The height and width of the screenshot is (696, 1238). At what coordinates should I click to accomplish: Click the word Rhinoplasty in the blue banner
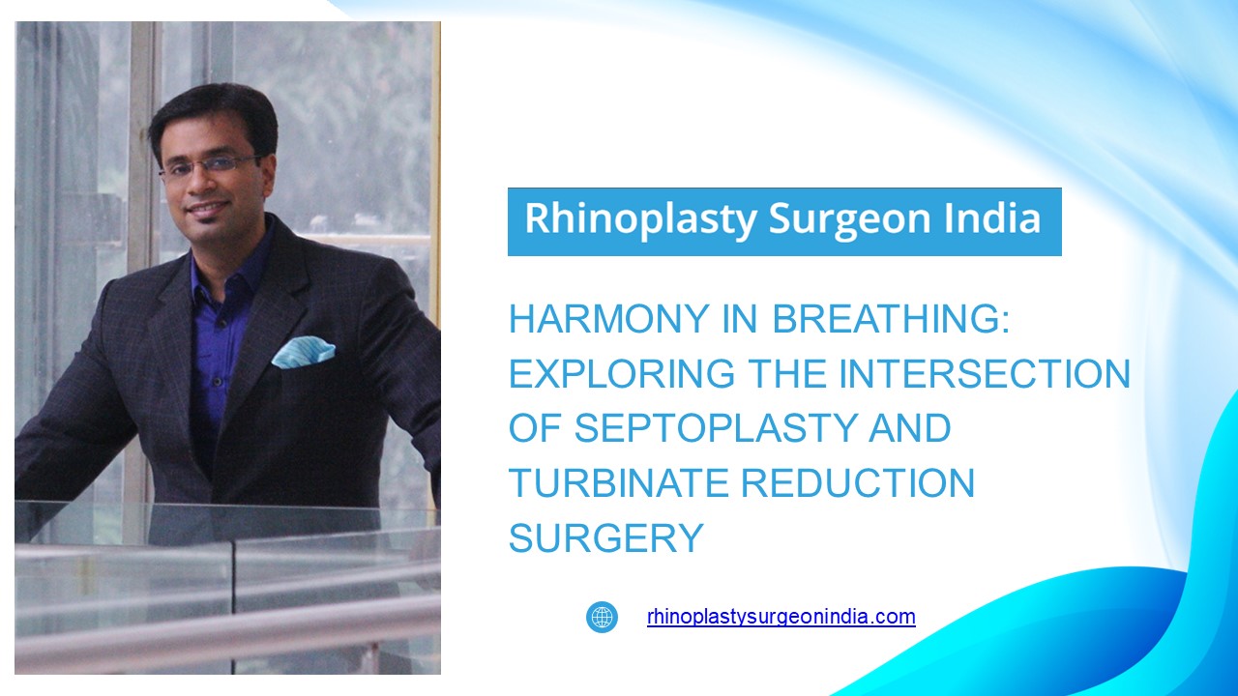point(639,219)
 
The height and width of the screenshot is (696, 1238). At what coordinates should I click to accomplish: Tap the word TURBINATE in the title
point(618,483)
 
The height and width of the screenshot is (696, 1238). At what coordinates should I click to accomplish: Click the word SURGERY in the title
point(605,538)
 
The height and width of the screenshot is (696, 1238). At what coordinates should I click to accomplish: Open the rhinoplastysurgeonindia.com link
point(781,617)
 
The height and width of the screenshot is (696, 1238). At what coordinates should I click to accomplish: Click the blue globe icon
point(602,617)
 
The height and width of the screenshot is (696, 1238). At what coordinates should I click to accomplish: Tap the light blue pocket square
point(303,352)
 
